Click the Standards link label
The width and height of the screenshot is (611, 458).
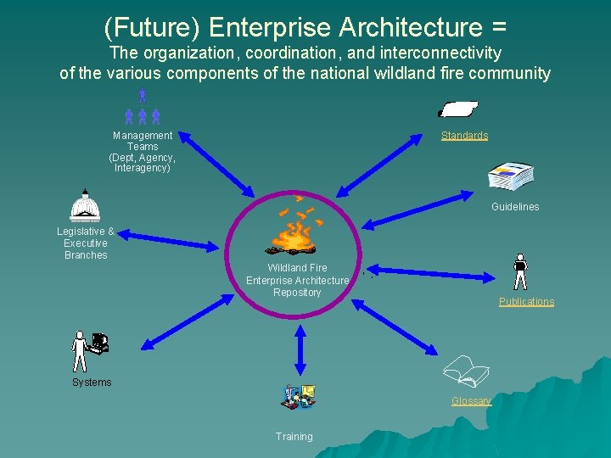coord(464,136)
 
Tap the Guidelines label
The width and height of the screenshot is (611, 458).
coord(515,207)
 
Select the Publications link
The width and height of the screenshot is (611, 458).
coord(526,302)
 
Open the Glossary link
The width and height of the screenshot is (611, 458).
coord(471,401)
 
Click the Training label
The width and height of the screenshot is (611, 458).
coord(294,437)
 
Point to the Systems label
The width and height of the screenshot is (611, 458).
coord(92,383)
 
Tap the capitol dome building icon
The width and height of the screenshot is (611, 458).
coord(85,206)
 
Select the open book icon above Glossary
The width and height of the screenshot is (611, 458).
coord(467,371)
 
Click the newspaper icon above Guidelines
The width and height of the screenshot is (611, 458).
coord(510,176)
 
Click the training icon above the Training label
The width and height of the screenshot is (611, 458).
coord(298,397)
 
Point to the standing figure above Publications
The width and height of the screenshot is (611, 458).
coord(520,272)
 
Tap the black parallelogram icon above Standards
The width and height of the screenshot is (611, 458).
coord(457,109)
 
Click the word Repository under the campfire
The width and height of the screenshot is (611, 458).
coord(297,293)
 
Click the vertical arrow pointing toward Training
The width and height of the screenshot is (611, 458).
coord(299,349)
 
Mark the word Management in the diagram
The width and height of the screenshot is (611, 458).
coord(143,136)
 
